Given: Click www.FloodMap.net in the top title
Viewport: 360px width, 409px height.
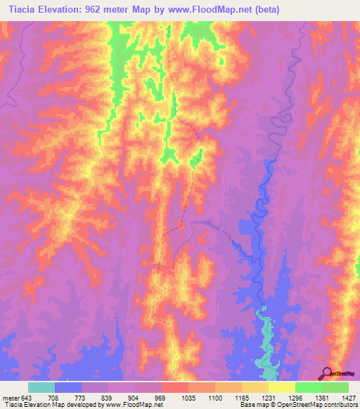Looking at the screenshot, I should point(209,10).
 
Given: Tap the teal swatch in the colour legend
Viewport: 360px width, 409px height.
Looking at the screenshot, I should point(41,387).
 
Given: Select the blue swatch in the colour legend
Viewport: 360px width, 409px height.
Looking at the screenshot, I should point(68,387).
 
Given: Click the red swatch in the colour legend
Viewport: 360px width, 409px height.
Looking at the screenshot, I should point(174,387).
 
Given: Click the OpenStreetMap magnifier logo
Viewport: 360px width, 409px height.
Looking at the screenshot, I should point(328,373).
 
